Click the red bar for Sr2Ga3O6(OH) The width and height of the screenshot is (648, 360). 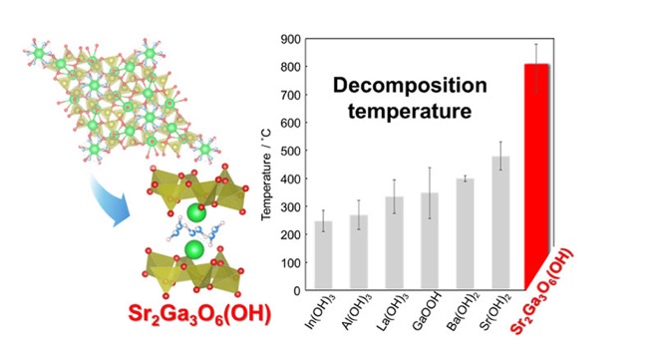point(536,177)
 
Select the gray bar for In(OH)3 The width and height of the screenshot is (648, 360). point(324,255)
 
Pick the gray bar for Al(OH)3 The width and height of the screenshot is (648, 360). point(359,251)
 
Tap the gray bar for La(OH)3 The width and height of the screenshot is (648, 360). point(394,242)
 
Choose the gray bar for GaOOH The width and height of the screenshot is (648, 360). point(430,240)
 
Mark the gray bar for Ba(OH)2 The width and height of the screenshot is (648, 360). point(465,233)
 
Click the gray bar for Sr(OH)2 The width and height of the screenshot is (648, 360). point(500,222)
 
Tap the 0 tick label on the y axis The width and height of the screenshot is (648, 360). point(297,291)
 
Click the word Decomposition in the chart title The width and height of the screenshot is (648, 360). point(410,86)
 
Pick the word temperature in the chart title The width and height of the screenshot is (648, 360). point(410,111)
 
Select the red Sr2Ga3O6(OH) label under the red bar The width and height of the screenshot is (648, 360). point(541,292)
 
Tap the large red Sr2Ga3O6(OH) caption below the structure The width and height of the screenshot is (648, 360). point(200,314)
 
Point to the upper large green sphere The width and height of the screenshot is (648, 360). point(196,213)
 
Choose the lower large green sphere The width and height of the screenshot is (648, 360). point(194,249)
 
